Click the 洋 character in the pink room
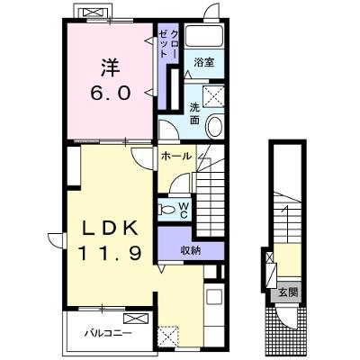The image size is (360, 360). pos(111,68)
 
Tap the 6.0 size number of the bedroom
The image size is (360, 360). pos(111,93)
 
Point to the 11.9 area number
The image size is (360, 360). pos(110,253)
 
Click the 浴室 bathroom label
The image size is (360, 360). pos(204,62)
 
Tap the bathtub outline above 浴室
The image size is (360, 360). pos(204,37)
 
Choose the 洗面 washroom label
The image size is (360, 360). pos(194,114)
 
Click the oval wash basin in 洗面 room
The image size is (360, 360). pos(215,126)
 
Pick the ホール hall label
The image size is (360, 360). pos(175,156)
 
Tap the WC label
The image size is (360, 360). pos(184,210)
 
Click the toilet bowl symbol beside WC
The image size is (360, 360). pos(166,209)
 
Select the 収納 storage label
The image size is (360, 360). pos(191,249)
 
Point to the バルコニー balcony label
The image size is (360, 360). pos(108,333)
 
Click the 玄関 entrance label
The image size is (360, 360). pos(288,292)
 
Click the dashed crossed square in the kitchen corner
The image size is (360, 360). pos(168,337)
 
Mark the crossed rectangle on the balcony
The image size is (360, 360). pos(136,319)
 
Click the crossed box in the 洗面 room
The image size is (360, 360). pos(213,96)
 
